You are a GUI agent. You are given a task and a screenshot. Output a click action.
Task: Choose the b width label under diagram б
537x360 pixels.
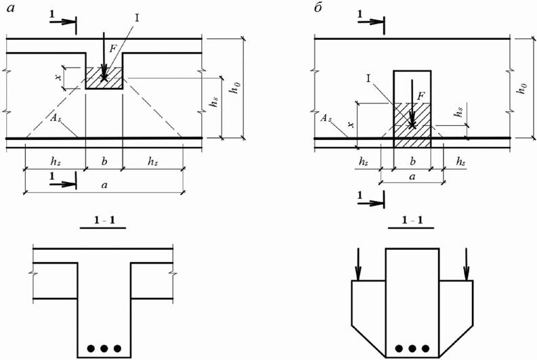click(412, 163)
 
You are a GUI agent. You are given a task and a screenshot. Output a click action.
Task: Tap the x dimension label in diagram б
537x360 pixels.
click(349, 124)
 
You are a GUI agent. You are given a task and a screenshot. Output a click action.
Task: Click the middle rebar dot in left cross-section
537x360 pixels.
click(104, 348)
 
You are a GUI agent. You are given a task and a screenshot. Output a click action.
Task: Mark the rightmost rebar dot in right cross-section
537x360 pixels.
click(427, 348)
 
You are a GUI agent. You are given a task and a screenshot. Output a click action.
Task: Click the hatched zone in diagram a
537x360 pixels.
click(104, 76)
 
